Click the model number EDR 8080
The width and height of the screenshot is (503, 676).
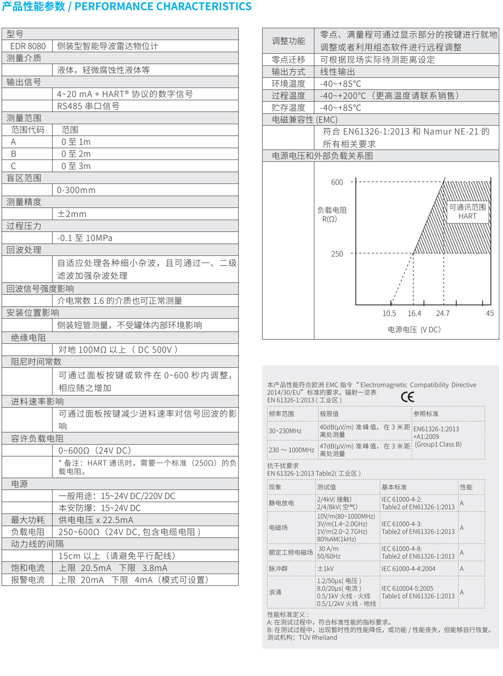[x=28, y=46]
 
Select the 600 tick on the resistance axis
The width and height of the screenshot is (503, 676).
[x=337, y=182]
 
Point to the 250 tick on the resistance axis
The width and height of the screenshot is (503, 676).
[x=337, y=254]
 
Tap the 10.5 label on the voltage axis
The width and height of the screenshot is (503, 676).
[x=389, y=313]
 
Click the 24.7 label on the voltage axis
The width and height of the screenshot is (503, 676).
[x=442, y=313]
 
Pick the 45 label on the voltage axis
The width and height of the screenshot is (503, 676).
[x=489, y=313]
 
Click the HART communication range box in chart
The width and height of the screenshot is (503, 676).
[x=467, y=212]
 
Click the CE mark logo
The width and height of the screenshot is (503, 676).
[x=408, y=397]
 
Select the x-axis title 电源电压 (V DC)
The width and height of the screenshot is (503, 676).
[x=414, y=330]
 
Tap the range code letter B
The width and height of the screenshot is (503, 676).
[x=14, y=154]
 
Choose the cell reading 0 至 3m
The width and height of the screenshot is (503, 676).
[x=76, y=166]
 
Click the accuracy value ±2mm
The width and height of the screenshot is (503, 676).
[x=72, y=214]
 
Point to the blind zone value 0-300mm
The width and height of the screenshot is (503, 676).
[x=76, y=190]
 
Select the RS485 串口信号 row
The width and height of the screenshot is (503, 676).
[x=88, y=106]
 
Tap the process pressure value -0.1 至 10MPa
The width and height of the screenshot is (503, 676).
[x=85, y=238]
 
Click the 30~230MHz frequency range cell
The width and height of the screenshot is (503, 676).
[x=285, y=431]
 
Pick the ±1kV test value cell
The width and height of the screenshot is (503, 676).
[x=325, y=569]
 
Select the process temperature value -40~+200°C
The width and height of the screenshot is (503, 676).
[x=389, y=96]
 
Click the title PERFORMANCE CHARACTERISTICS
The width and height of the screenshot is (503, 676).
[x=163, y=6]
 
